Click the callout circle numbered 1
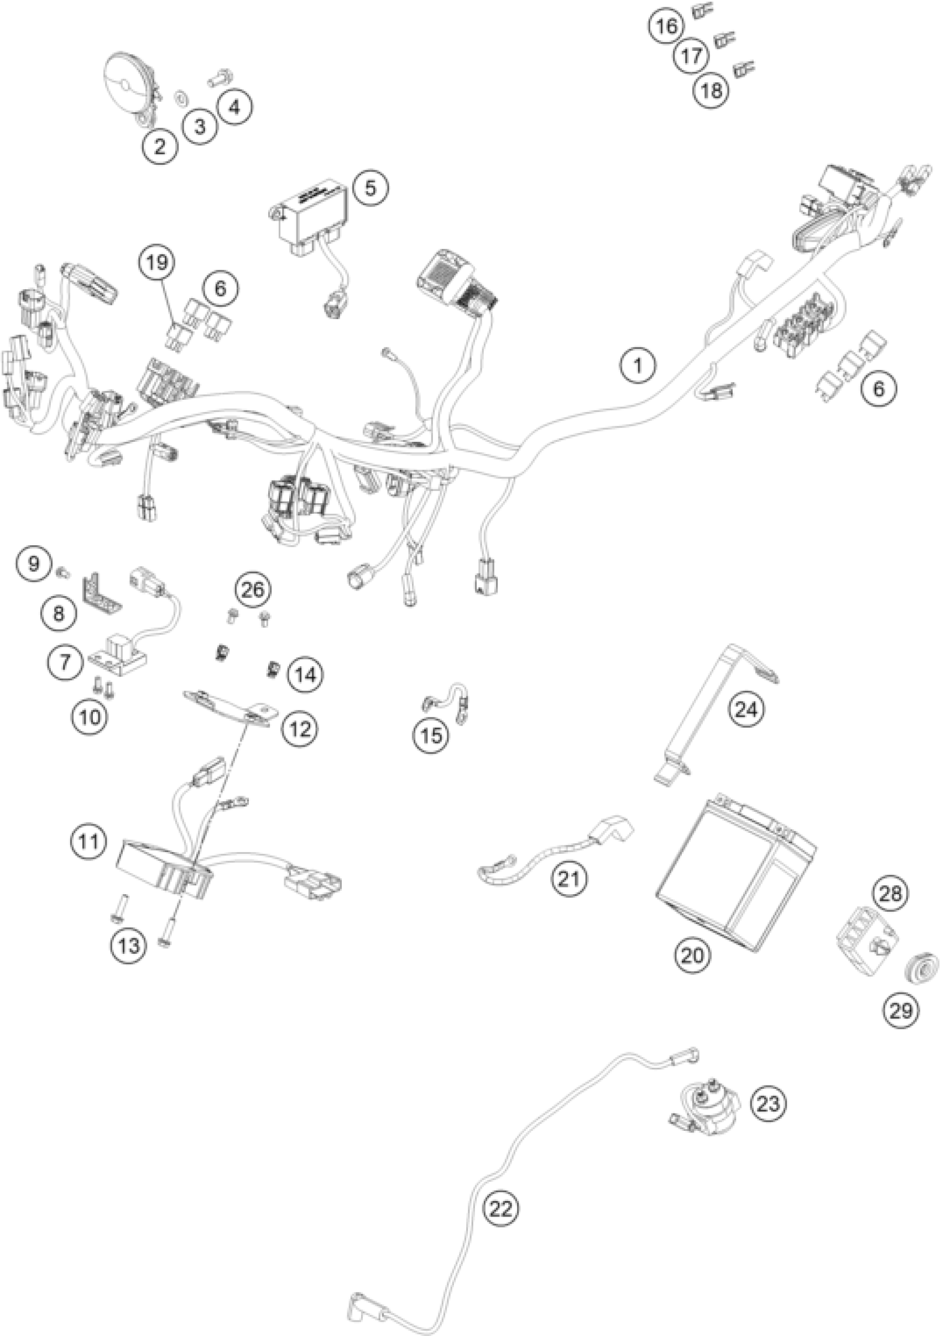point(638,366)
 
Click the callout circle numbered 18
point(712,90)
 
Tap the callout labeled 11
point(89,841)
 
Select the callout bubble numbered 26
point(253,589)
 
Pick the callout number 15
point(431,735)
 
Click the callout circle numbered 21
point(569,879)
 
